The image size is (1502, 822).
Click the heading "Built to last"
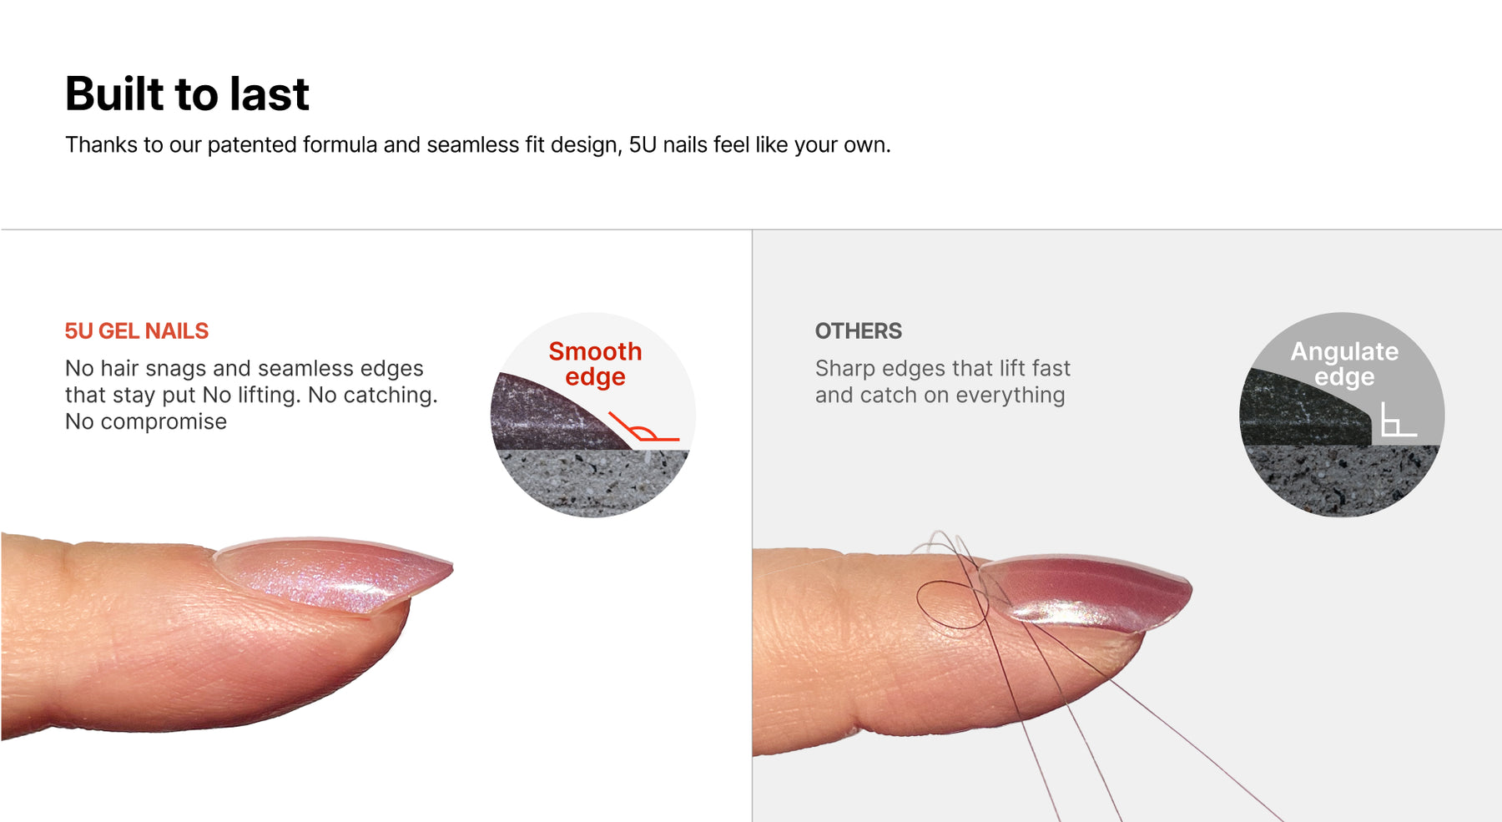point(187,93)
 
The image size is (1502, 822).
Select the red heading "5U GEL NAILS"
point(137,331)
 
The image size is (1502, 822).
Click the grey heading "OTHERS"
point(859,331)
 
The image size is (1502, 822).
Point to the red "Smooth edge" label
point(595,364)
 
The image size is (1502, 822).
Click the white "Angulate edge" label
point(1344,364)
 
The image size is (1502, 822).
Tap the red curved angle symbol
point(643,427)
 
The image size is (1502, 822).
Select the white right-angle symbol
point(1398,419)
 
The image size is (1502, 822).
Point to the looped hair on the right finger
point(953,604)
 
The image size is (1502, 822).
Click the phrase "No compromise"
point(146,422)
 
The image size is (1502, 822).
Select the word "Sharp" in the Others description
point(845,369)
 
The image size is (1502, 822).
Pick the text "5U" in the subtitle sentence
point(643,145)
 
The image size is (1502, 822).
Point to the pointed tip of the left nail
point(451,567)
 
